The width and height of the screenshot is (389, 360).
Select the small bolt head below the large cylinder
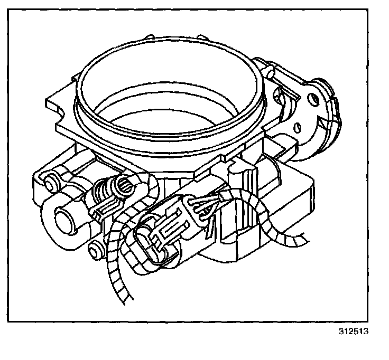95,248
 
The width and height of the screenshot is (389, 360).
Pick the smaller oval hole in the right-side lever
298,127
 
